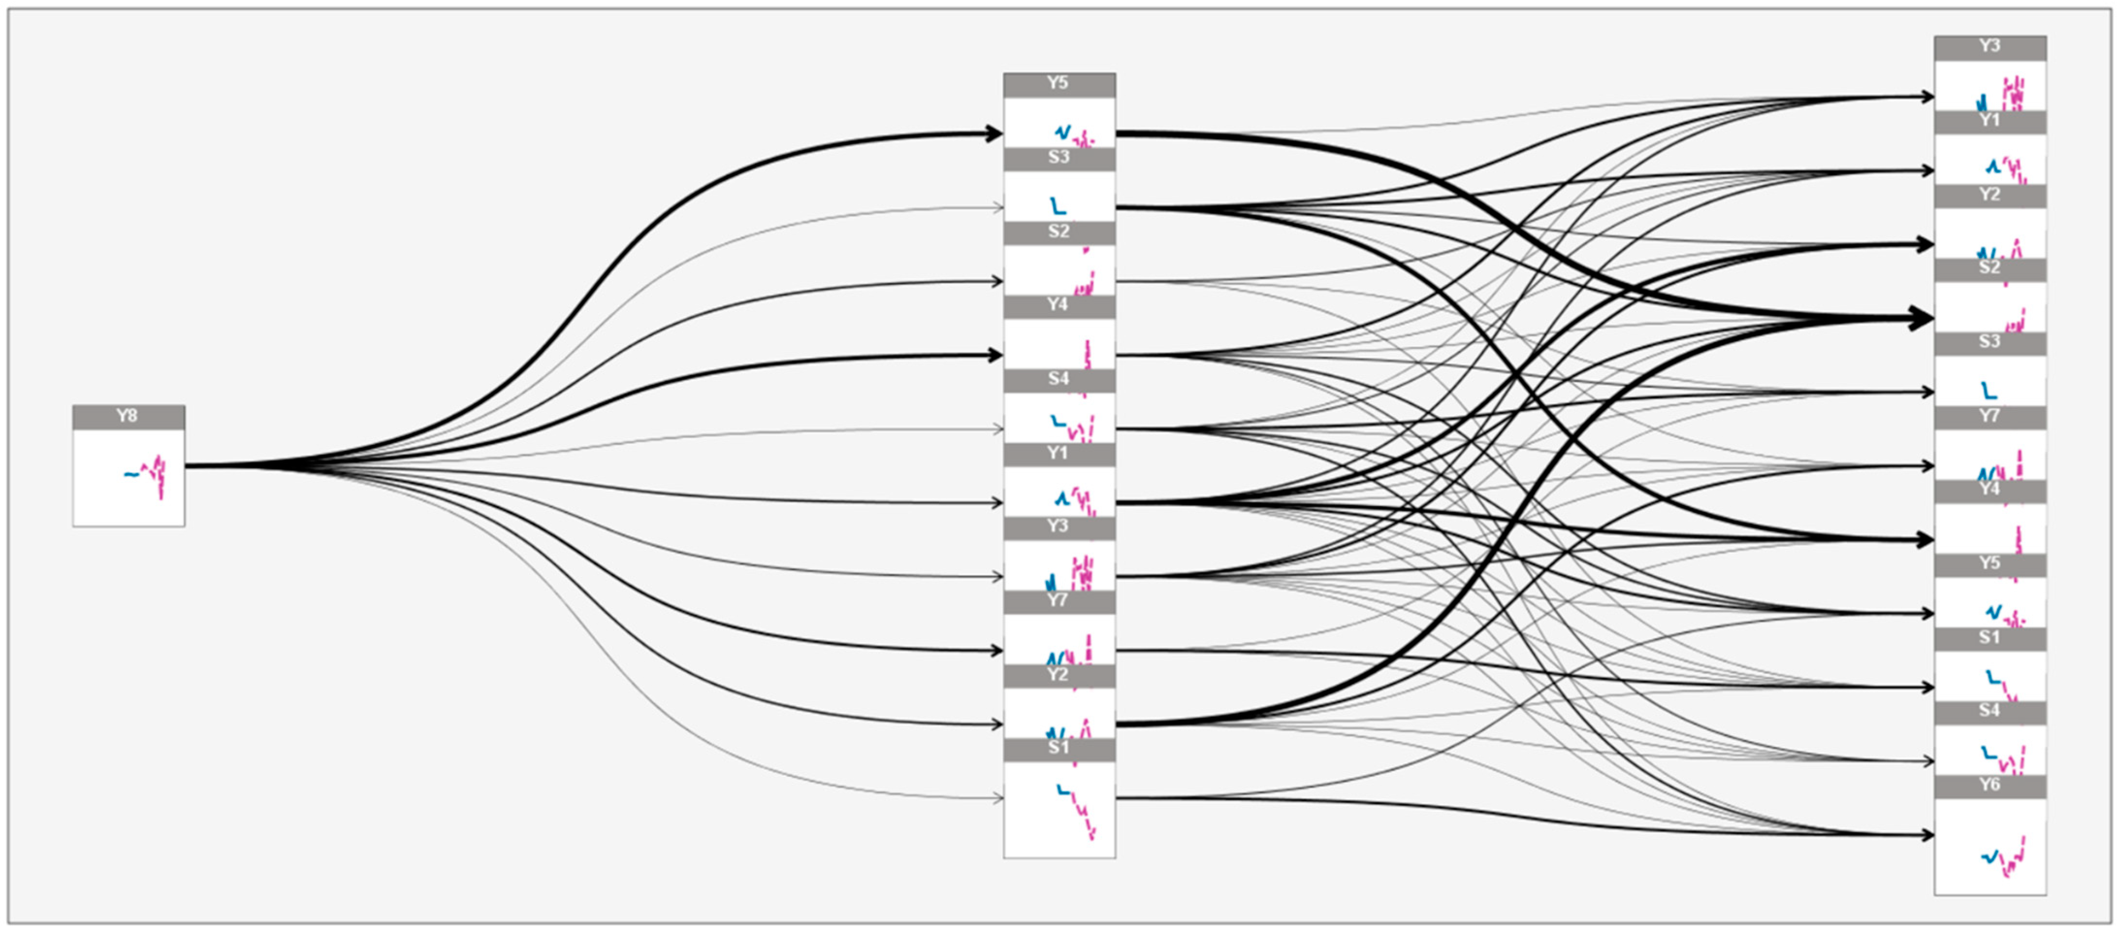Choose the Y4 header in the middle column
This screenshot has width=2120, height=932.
(x=1059, y=306)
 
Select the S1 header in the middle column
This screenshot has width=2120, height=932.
(x=1059, y=749)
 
